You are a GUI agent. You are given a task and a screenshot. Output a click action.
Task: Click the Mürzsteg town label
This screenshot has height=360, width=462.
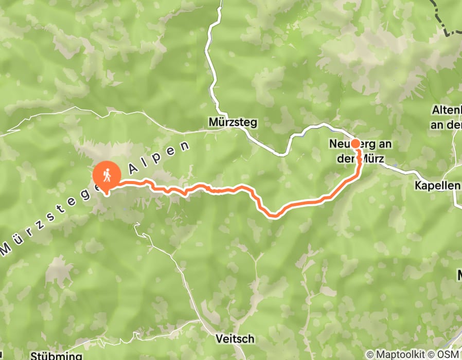[233, 122]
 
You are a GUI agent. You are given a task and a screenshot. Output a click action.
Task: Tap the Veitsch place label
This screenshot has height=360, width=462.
[235, 339]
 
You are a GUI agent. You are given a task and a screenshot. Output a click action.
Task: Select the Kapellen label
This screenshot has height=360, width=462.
[437, 185]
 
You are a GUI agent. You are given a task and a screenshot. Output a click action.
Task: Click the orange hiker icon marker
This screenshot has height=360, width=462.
[106, 175]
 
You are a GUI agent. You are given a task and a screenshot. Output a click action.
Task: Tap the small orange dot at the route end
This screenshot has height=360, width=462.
[355, 143]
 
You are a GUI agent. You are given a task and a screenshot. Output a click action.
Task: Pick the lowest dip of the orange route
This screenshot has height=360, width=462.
[275, 215]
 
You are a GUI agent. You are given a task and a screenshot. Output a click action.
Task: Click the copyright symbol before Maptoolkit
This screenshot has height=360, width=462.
[370, 354]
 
